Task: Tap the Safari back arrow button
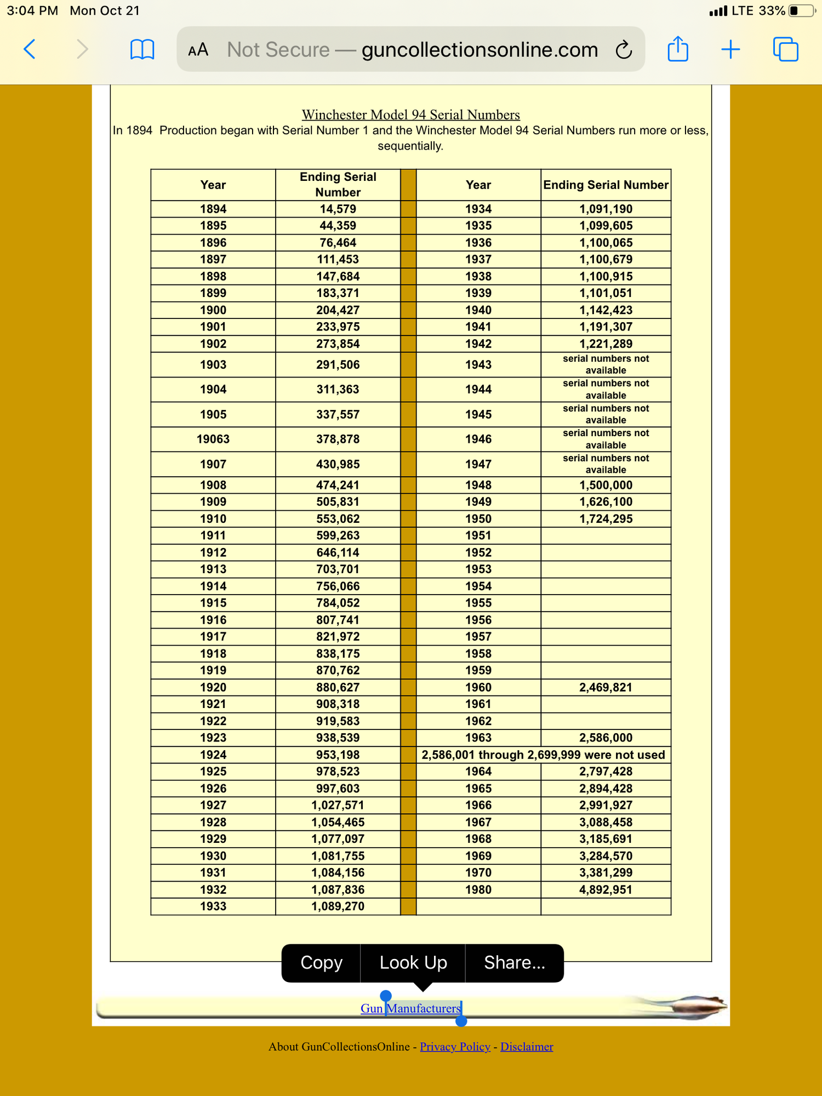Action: click(x=30, y=49)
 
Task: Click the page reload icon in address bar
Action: click(x=624, y=50)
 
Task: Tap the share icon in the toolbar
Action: click(x=678, y=49)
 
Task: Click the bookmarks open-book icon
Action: click(x=142, y=50)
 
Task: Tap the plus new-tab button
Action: click(x=730, y=50)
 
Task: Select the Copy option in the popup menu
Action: click(x=321, y=963)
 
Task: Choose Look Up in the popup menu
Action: click(x=413, y=963)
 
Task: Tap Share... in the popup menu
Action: click(x=514, y=963)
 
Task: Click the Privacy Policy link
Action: click(x=455, y=1047)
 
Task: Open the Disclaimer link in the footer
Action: click(x=527, y=1047)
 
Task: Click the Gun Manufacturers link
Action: click(x=410, y=1008)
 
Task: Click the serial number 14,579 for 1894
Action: click(x=338, y=209)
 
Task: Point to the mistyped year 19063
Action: click(x=213, y=439)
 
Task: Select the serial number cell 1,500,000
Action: click(x=606, y=486)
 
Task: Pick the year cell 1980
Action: click(x=478, y=890)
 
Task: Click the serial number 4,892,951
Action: click(x=606, y=890)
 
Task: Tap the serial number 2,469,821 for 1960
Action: click(x=606, y=688)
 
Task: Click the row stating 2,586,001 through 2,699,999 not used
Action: click(x=543, y=755)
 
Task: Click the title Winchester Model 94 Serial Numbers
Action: click(x=410, y=115)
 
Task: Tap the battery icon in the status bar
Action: click(x=802, y=11)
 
